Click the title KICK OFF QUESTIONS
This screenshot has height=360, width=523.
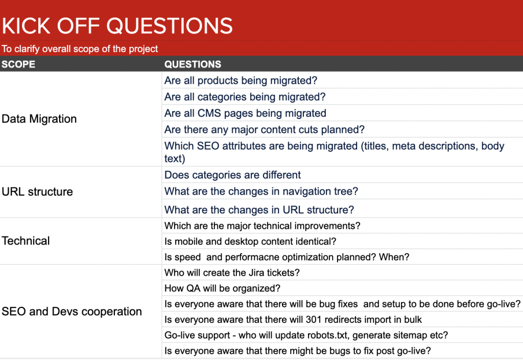(x=117, y=26)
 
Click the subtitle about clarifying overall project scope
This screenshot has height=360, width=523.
(x=80, y=49)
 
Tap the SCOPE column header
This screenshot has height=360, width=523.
(x=18, y=64)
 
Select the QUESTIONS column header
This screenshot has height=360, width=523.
(x=193, y=64)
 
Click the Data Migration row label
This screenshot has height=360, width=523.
(x=39, y=118)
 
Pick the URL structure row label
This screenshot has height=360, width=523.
(x=37, y=191)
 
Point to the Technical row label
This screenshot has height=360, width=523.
(x=26, y=241)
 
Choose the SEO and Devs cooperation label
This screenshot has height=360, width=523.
(x=72, y=311)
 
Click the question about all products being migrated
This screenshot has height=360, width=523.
(x=241, y=80)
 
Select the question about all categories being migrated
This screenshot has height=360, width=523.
(x=245, y=97)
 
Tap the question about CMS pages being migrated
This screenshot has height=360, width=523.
(x=245, y=113)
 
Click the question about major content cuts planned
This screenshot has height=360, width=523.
(x=265, y=129)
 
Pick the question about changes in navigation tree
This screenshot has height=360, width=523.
(x=261, y=191)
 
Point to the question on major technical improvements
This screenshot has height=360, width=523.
(x=263, y=226)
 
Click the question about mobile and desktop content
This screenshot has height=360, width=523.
(x=250, y=242)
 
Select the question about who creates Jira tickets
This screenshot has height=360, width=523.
(x=232, y=273)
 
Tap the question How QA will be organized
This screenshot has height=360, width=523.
(x=223, y=289)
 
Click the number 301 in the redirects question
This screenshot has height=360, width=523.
(x=314, y=319)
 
